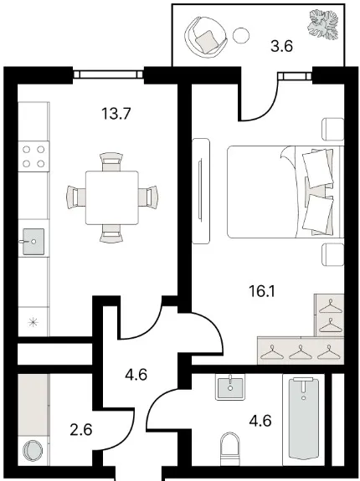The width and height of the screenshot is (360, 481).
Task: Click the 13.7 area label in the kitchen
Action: tap(116, 114)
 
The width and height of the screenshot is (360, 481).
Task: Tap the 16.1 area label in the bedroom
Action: tap(262, 291)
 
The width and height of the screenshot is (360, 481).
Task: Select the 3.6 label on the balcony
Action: tap(282, 47)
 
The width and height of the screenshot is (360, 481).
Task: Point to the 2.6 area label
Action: tap(81, 429)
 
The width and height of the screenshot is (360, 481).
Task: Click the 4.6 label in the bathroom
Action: tap(260, 420)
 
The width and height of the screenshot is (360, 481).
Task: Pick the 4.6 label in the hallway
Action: tap(136, 375)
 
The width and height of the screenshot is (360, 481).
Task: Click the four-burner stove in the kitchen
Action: tap(33, 156)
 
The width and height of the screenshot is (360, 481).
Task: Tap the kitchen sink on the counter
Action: tap(33, 242)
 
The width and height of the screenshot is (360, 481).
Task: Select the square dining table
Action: tap(111, 198)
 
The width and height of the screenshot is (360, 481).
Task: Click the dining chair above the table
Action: tap(111, 161)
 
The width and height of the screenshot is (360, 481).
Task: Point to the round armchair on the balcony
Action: tap(205, 37)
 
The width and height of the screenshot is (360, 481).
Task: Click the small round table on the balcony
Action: tap(241, 35)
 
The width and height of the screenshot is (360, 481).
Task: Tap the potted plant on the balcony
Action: tap(323, 24)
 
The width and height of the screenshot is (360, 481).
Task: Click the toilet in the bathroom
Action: tap(230, 449)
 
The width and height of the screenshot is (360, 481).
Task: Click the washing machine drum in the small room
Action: tap(33, 450)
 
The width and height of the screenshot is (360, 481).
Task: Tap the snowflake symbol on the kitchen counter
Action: tap(33, 322)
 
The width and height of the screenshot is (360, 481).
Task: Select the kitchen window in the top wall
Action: tap(108, 74)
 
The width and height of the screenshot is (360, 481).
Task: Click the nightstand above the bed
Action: tap(332, 129)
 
